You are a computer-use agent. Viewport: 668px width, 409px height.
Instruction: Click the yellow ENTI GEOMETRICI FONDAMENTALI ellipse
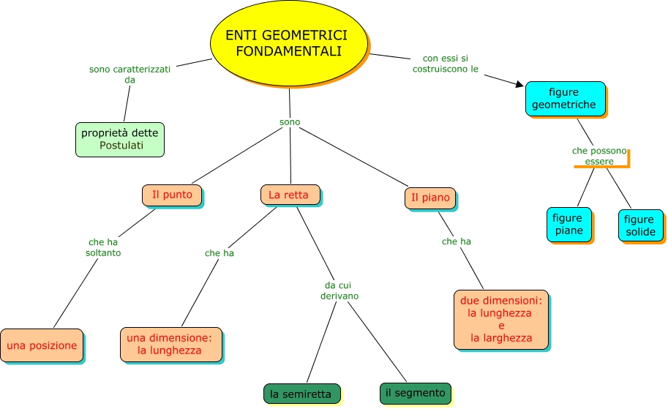[289, 44]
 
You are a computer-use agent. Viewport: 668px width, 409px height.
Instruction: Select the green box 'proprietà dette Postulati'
[120, 139]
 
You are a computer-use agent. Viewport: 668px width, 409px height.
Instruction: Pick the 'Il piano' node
[429, 198]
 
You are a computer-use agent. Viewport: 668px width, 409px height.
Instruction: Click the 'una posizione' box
[42, 345]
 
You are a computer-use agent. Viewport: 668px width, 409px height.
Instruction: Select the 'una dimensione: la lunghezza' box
[170, 344]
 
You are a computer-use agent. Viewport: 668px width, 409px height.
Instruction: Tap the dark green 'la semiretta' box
[301, 394]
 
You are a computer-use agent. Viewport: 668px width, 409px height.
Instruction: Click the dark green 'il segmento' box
[415, 393]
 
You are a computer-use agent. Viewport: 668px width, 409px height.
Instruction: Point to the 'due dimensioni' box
[500, 319]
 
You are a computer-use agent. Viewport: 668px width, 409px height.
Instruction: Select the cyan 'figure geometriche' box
[564, 98]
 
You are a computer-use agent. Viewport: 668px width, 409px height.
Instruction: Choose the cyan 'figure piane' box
[568, 224]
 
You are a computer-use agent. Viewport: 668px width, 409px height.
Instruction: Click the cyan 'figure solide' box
[639, 226]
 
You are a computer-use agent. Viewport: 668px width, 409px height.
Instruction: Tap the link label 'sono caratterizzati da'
[130, 74]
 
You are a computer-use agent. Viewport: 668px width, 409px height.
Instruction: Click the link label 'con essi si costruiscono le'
[450, 63]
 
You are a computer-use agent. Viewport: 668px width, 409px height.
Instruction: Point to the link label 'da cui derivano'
[339, 290]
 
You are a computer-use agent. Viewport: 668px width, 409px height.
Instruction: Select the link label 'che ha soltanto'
[103, 247]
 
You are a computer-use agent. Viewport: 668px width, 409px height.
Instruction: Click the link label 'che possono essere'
[599, 156]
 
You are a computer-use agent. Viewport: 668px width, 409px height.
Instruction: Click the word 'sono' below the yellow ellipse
[290, 122]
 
